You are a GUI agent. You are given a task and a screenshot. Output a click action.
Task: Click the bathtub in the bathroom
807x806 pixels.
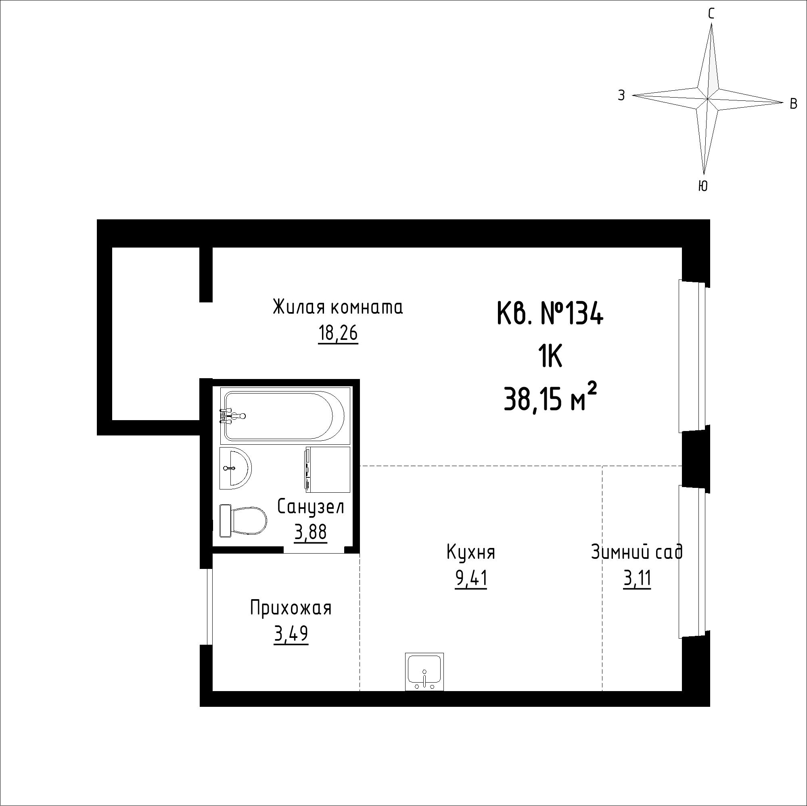click(282, 415)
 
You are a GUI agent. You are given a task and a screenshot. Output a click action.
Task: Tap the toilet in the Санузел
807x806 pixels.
click(243, 521)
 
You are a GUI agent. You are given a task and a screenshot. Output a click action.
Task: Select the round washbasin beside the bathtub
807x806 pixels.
click(235, 469)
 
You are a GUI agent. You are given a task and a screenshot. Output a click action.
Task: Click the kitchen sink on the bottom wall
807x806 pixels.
click(424, 672)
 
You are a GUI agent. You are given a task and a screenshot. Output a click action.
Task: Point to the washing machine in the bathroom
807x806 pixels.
click(328, 469)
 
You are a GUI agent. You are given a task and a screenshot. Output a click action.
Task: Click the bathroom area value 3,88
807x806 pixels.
click(310, 533)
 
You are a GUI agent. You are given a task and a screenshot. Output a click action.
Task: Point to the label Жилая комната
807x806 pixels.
click(338, 307)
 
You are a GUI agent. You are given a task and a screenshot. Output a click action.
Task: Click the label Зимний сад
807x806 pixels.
click(637, 552)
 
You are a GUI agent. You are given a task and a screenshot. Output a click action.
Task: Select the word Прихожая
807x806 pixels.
click(291, 608)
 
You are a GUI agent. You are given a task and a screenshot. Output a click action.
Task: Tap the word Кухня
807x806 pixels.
click(471, 552)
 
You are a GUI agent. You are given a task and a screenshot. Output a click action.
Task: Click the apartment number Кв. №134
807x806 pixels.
click(550, 313)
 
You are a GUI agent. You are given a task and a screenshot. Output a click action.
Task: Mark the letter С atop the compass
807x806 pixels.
click(711, 14)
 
